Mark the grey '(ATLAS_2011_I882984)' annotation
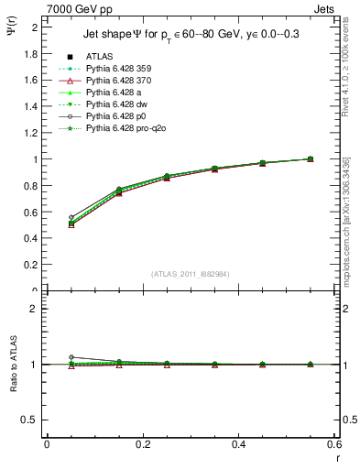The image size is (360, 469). tap(190, 275)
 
